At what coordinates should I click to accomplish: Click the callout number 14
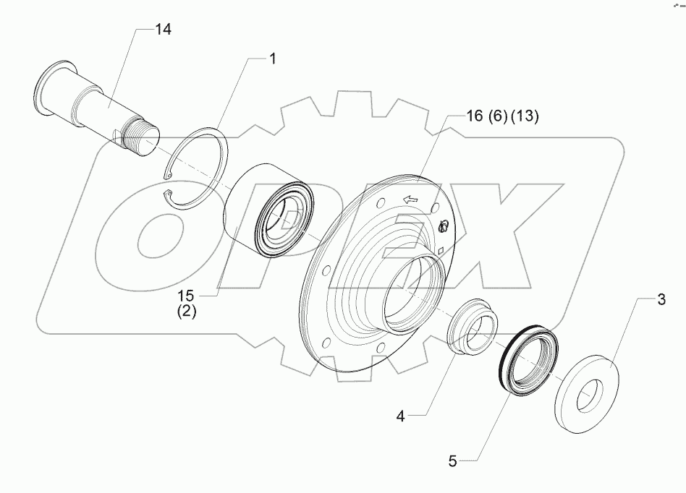tap(163, 30)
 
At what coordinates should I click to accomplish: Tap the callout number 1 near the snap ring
tap(273, 59)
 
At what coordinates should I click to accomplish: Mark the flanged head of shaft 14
tap(47, 90)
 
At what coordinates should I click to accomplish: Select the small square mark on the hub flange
tap(440, 251)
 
